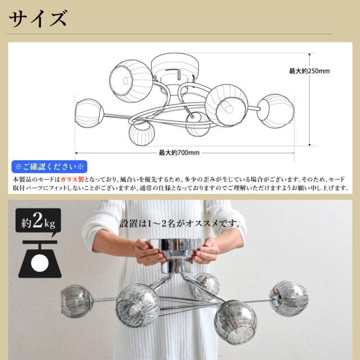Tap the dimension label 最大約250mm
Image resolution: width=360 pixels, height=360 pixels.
pyautogui.click(x=309, y=71)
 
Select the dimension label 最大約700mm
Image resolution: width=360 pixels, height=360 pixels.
pyautogui.click(x=179, y=152)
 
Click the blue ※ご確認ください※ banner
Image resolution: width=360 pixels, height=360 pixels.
pyautogui.click(x=49, y=166)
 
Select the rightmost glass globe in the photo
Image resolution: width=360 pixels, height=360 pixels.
pyautogui.click(x=289, y=298)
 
